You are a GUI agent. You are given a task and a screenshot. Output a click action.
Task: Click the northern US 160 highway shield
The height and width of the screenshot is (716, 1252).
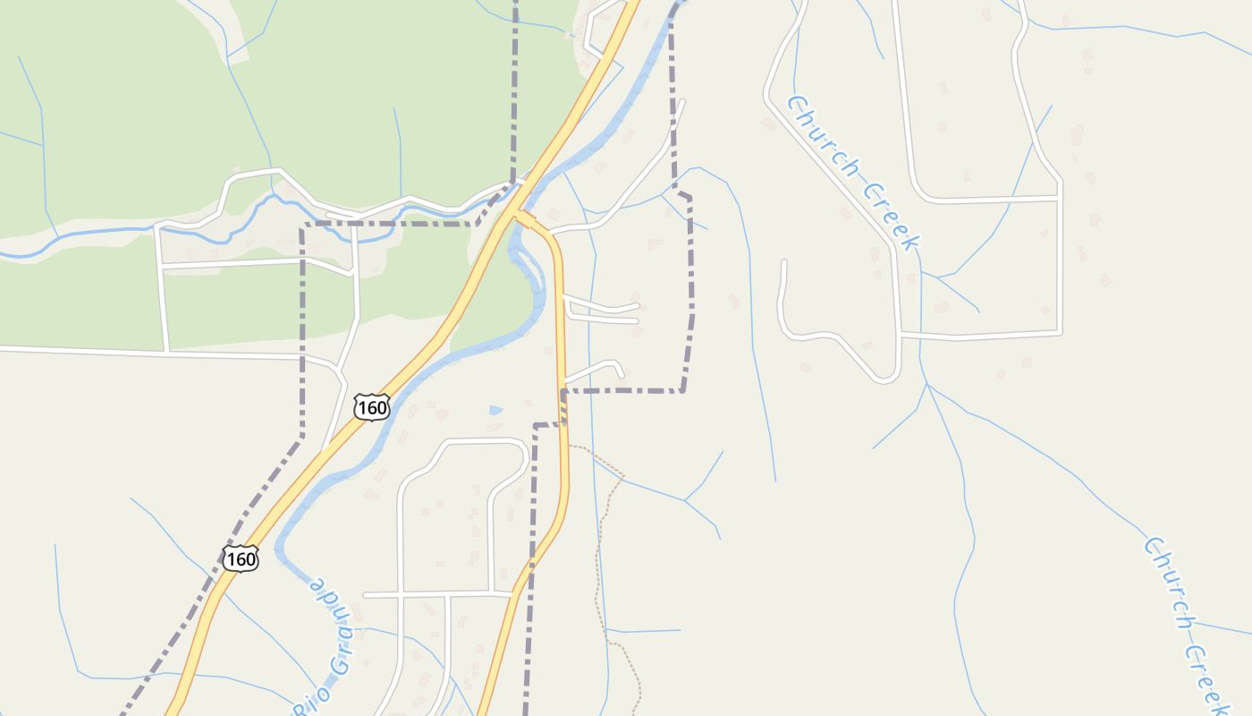tap(371, 407)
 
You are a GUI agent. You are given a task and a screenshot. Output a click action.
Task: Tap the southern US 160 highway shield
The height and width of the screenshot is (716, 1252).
tap(241, 559)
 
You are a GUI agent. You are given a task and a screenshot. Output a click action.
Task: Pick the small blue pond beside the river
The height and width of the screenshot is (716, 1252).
tap(495, 410)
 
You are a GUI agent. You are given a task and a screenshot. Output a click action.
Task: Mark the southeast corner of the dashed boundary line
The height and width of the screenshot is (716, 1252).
tap(682, 390)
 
